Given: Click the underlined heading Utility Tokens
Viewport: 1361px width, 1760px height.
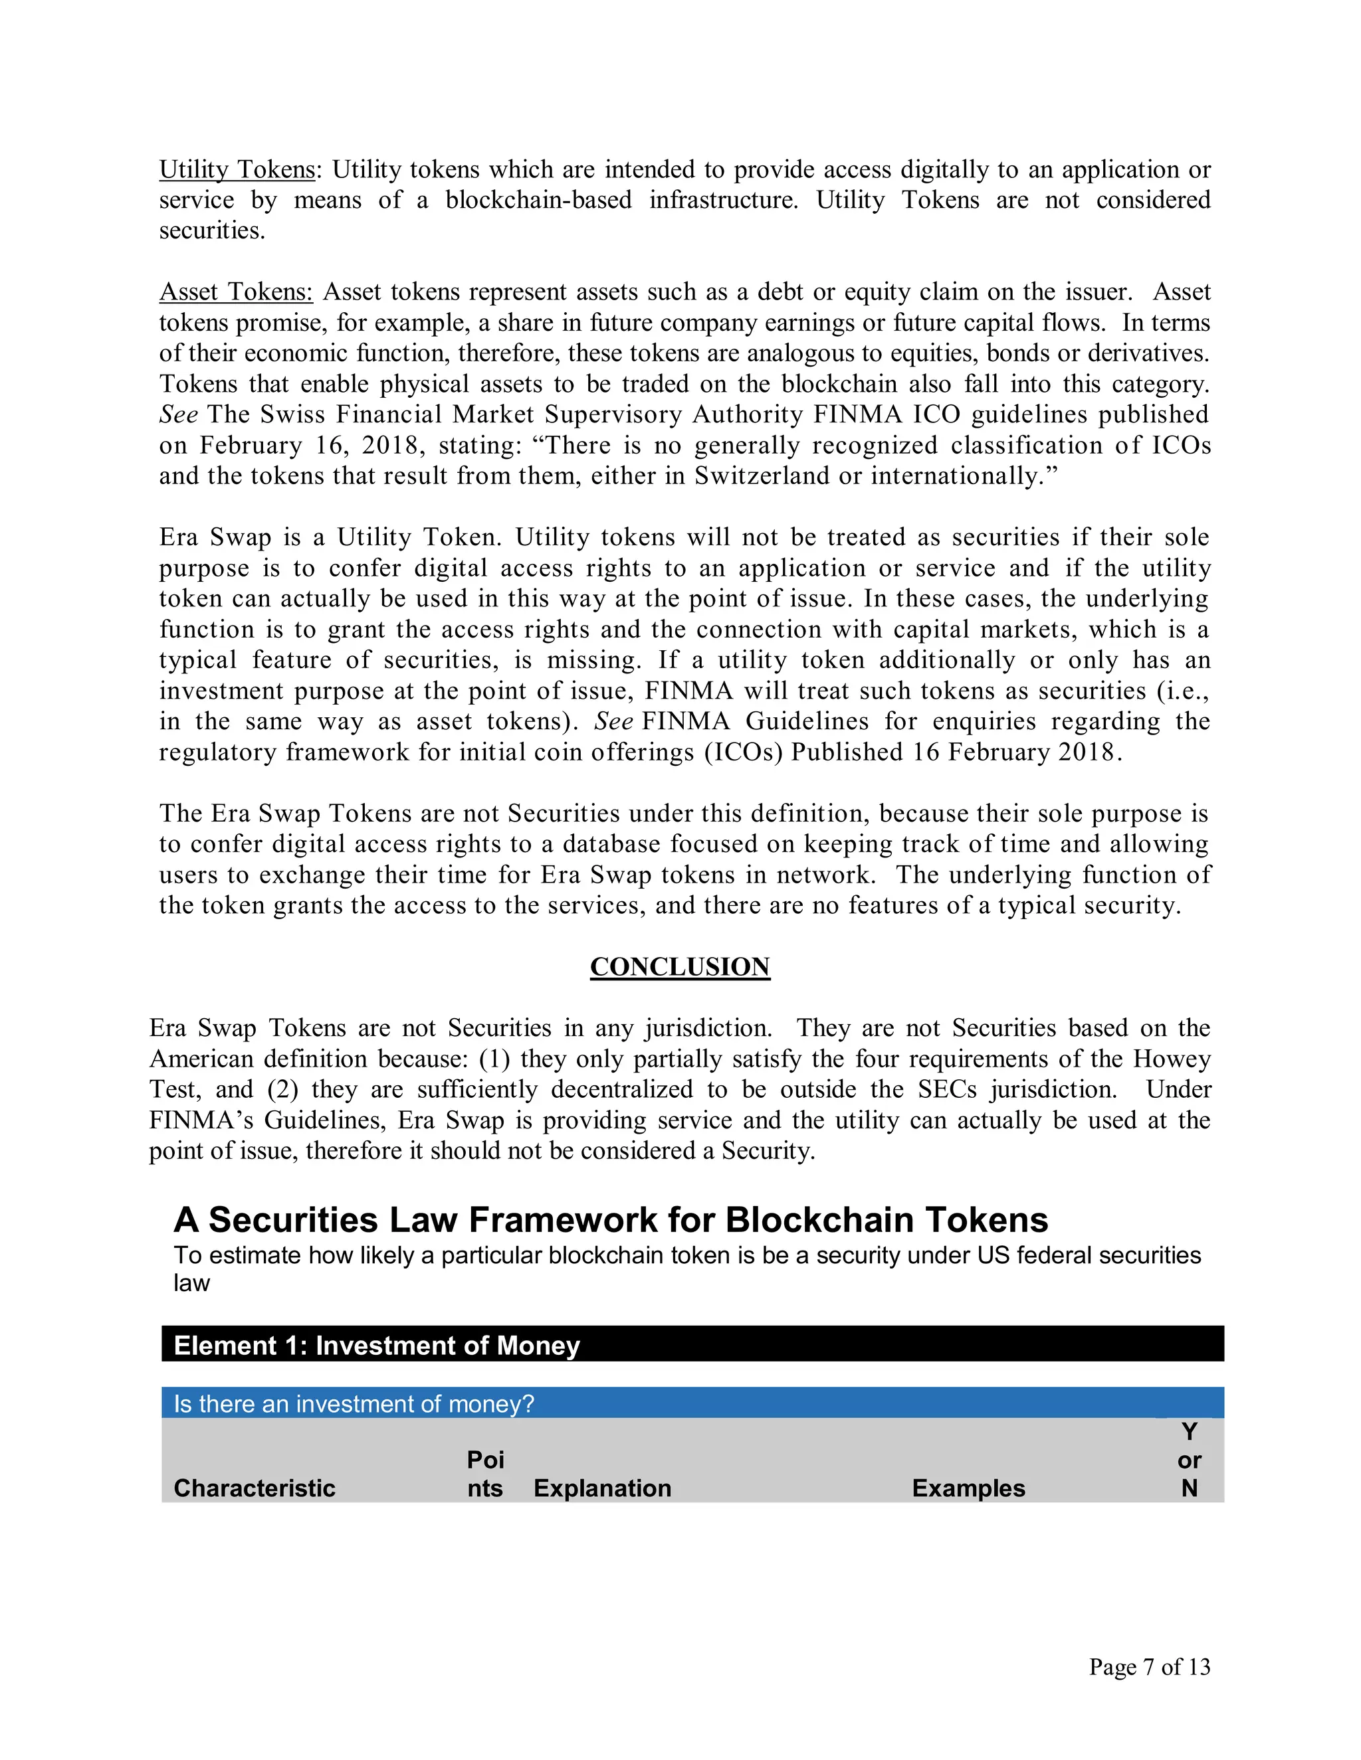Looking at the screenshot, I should tap(236, 170).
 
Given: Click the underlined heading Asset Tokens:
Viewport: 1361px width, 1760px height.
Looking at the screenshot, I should tap(235, 292).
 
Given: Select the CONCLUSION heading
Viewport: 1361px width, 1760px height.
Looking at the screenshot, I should tap(680, 966).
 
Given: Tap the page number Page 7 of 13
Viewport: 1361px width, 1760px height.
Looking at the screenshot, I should tap(1149, 1666).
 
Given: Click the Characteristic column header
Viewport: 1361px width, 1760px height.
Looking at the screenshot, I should tap(254, 1488).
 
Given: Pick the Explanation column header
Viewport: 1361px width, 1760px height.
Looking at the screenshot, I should tap(602, 1488).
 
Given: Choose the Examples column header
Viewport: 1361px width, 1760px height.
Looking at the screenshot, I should tap(968, 1488).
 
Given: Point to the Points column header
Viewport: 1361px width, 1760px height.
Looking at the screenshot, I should tap(484, 1474).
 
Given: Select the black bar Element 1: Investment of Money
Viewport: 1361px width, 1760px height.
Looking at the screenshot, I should tap(692, 1345).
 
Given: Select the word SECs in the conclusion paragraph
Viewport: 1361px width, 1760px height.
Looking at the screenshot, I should tap(946, 1089).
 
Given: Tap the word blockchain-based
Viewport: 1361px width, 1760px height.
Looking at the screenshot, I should tap(538, 201).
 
